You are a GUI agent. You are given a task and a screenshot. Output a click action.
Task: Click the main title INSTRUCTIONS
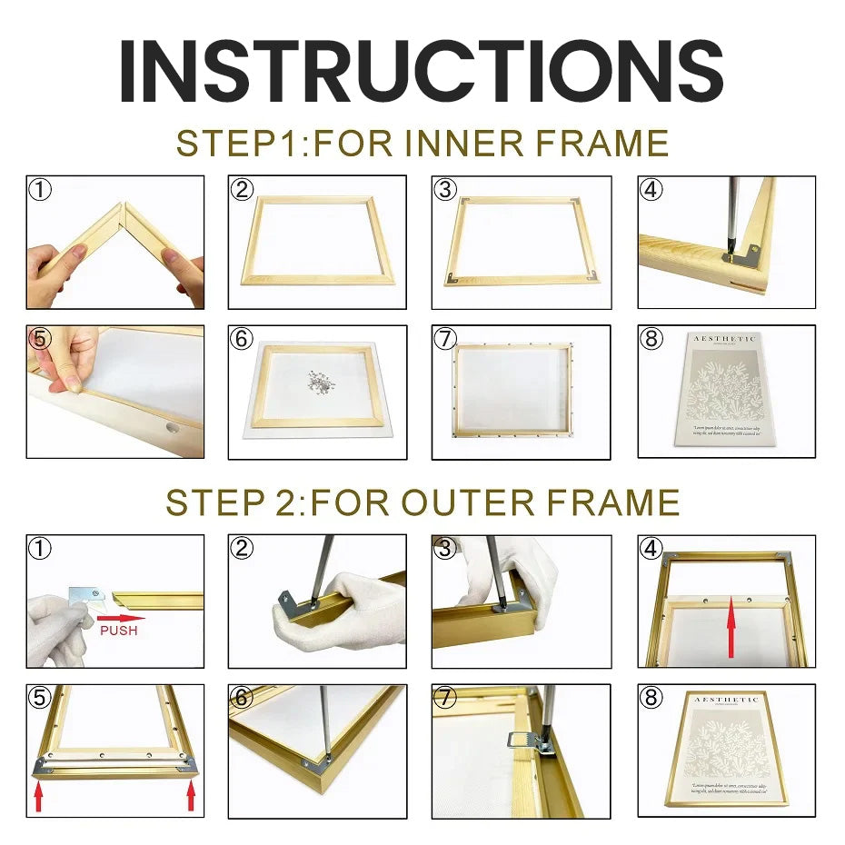click(x=422, y=71)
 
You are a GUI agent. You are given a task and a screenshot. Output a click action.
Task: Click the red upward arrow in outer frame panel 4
click(x=731, y=626)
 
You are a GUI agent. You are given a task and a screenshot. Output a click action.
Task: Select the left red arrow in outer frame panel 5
click(x=38, y=798)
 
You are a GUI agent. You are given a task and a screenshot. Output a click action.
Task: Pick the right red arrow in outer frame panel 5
click(x=191, y=798)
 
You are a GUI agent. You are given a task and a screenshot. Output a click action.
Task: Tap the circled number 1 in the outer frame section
click(x=38, y=548)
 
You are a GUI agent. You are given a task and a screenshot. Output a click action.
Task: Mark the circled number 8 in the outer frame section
click(x=651, y=698)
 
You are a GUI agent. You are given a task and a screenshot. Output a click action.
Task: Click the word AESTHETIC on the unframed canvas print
click(x=724, y=339)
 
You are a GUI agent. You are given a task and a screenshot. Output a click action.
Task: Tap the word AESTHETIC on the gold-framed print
click(x=726, y=700)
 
